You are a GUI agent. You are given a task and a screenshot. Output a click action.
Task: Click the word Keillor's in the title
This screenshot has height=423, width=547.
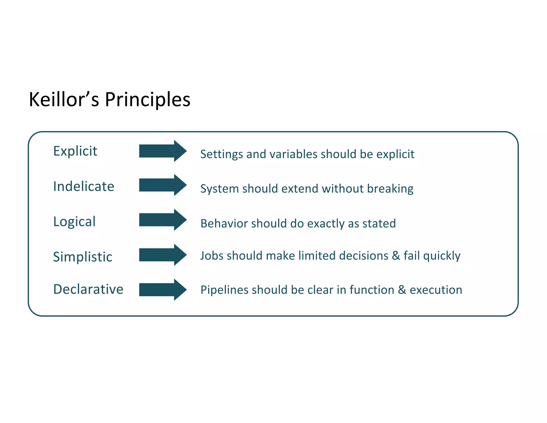[x=64, y=99]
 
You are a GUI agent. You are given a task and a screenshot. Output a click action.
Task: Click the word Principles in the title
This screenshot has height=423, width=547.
[x=147, y=99]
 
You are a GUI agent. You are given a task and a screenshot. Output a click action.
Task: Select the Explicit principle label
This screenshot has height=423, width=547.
[x=75, y=151]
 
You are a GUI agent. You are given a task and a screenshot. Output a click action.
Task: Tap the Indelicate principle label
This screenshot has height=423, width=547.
[x=84, y=186]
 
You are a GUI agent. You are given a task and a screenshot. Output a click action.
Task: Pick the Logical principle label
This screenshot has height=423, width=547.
[x=74, y=222]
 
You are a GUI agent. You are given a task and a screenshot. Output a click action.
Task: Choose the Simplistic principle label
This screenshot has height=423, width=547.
[x=83, y=257]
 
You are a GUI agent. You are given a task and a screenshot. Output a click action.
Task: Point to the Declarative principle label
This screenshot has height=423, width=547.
[x=88, y=289]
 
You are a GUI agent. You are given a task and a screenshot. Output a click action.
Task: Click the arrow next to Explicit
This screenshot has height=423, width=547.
[x=162, y=151]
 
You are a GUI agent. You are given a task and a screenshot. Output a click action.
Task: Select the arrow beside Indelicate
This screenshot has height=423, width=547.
[x=162, y=185]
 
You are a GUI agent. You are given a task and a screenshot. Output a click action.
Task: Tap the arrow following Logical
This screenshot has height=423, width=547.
[x=162, y=220]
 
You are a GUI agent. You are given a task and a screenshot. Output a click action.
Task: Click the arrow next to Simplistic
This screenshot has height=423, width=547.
[x=162, y=255]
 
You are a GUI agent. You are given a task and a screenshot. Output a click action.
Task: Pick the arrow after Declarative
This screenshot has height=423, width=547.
[x=162, y=290]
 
